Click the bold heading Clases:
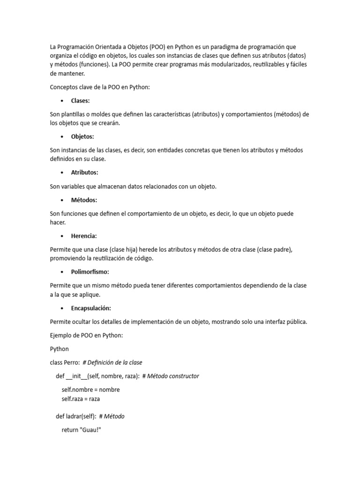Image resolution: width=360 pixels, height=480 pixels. click(80, 101)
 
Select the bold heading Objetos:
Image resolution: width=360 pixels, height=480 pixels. click(82, 137)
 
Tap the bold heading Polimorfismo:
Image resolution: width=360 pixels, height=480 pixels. click(90, 272)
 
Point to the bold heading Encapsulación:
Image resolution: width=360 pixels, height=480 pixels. click(91, 308)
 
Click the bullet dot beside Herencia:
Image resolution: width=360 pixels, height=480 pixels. click(62, 236)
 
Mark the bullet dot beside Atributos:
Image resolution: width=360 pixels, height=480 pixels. click(62, 173)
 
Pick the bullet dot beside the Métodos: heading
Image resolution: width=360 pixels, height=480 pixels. click(62, 200)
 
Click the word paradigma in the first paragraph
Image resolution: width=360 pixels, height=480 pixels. click(225, 47)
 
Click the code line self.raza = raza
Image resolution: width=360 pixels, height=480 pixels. click(81, 399)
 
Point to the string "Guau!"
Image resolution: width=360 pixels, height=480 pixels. click(91, 430)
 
